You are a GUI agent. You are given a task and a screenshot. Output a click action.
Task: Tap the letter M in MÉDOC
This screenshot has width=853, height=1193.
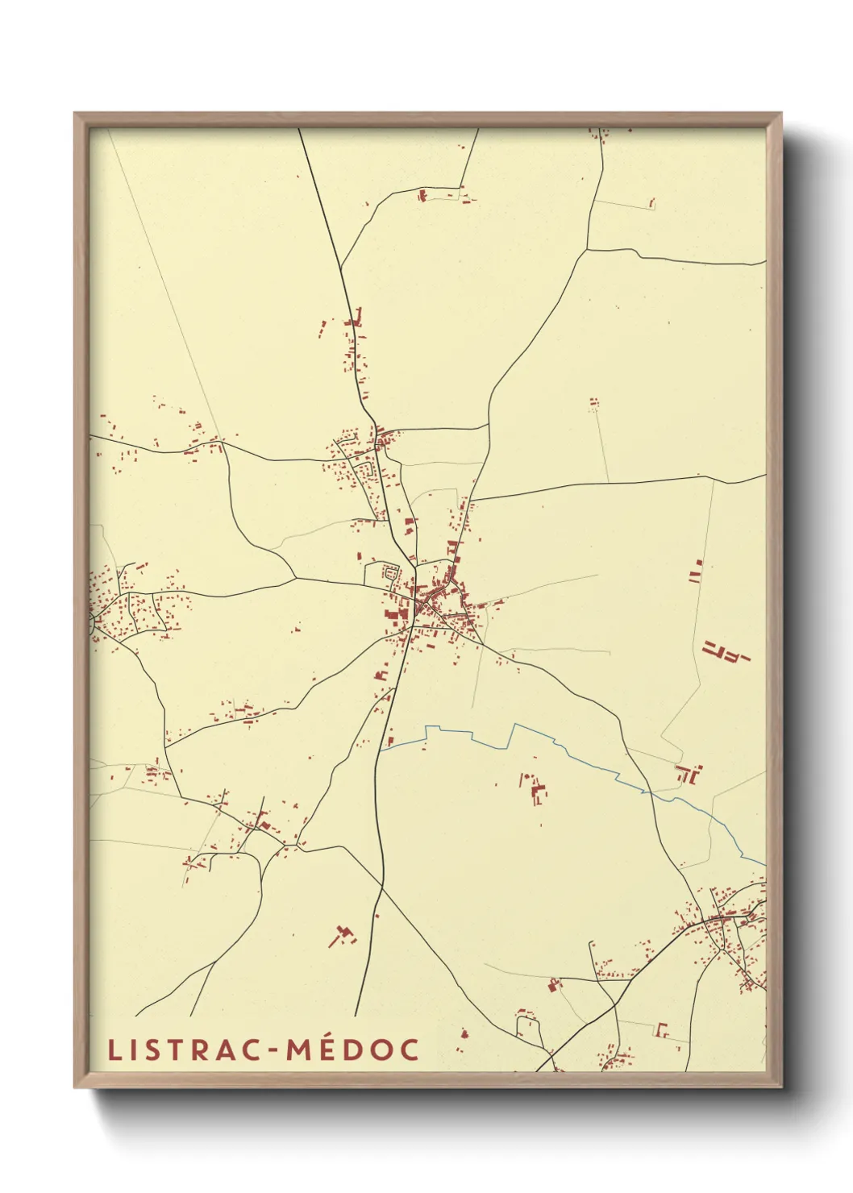tap(296, 1050)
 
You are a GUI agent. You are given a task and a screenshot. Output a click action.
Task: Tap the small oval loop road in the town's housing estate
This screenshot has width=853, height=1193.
tap(392, 573)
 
